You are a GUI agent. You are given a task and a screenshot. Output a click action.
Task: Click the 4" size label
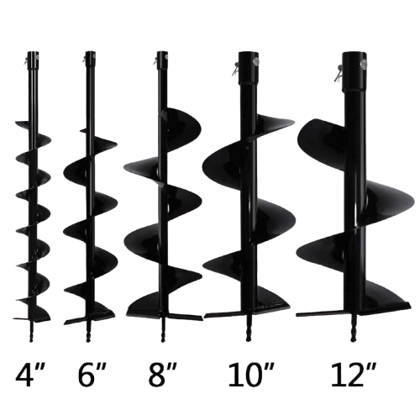point(29,375)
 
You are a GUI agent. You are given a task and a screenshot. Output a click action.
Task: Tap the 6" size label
point(92,375)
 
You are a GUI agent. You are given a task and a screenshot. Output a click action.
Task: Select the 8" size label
point(162,375)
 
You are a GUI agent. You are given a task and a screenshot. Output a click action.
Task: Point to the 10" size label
point(251,375)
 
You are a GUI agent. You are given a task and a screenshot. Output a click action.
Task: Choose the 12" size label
point(354,375)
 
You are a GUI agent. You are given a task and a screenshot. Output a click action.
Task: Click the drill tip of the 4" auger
point(31,340)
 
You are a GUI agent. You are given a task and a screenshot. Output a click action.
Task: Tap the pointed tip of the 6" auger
point(88,340)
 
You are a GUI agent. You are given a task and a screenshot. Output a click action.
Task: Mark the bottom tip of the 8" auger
point(162,341)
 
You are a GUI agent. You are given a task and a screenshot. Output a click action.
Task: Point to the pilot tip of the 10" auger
point(248,340)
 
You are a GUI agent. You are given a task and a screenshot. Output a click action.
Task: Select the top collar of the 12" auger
point(354,72)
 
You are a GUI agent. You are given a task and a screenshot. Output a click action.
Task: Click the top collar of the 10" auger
point(248,68)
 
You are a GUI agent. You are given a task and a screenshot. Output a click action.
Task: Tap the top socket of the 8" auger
point(161,60)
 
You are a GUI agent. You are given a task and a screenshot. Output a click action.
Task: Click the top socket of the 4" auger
point(33,60)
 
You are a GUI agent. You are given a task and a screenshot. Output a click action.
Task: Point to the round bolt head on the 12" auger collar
point(363,65)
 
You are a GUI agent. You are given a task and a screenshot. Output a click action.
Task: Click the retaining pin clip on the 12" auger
point(339,73)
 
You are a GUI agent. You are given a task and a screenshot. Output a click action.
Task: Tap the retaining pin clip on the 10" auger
point(235,69)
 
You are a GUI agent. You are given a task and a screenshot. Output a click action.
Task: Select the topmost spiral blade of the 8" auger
point(181,124)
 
